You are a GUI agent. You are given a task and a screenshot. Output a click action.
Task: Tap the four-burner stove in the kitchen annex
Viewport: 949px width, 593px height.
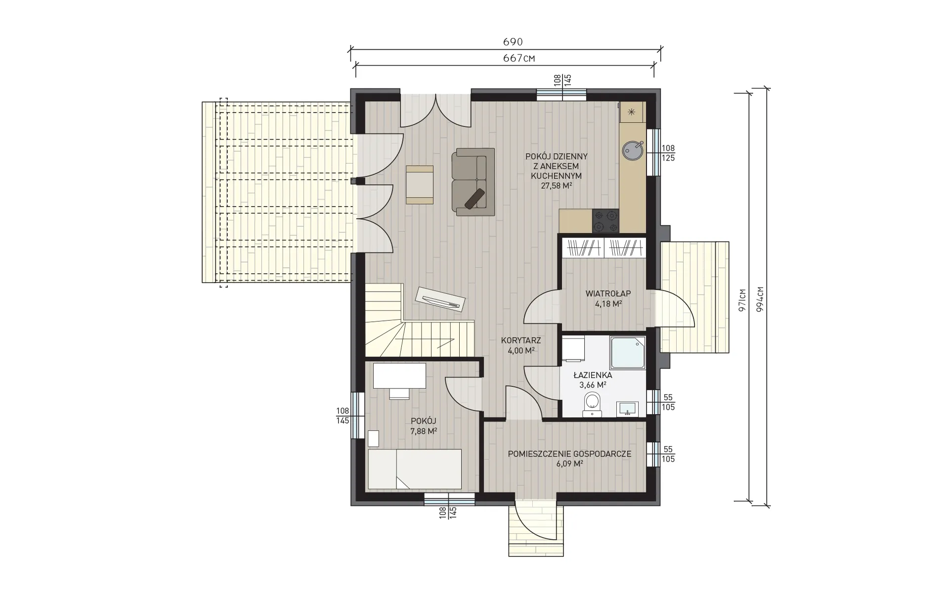pyautogui.click(x=605, y=221)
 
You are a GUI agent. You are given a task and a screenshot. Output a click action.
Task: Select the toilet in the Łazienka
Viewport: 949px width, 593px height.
pyautogui.click(x=591, y=404)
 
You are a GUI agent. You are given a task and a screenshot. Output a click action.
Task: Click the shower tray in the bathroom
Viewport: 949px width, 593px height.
pyautogui.click(x=628, y=353)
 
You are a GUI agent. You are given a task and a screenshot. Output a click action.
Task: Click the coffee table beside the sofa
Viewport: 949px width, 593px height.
pyautogui.click(x=420, y=184)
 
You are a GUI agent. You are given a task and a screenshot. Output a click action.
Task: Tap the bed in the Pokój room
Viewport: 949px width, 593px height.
pyautogui.click(x=415, y=469)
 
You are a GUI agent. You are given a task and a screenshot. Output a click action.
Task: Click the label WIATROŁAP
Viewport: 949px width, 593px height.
pyautogui.click(x=608, y=294)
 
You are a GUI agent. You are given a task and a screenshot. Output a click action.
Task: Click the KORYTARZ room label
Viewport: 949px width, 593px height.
pyautogui.click(x=521, y=340)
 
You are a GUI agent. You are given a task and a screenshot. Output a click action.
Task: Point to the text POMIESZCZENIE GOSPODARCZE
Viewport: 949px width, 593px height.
pyautogui.click(x=569, y=454)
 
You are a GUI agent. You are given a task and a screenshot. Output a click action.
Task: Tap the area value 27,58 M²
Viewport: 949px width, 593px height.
pyautogui.click(x=557, y=186)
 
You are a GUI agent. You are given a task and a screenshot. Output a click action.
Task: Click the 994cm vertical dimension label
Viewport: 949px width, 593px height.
pyautogui.click(x=760, y=298)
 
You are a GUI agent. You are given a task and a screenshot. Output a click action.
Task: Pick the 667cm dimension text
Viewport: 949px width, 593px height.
pyautogui.click(x=519, y=58)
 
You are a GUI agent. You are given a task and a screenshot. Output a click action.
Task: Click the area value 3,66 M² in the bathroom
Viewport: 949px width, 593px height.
pyautogui.click(x=593, y=384)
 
